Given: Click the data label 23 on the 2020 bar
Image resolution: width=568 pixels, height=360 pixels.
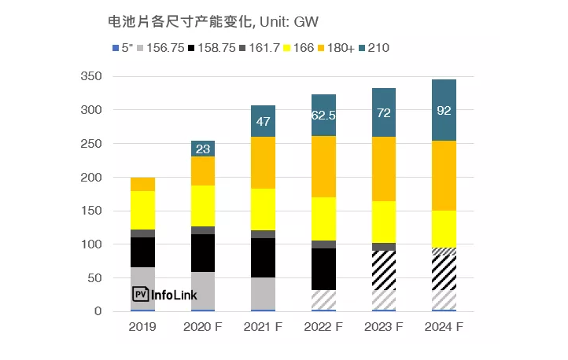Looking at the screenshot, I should (x=203, y=149).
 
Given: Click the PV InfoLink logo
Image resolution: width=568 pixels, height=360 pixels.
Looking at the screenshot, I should (x=164, y=295).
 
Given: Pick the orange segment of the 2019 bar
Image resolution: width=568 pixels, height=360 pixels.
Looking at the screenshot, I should (x=142, y=184).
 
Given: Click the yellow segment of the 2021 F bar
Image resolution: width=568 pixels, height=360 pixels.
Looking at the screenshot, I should (x=264, y=209).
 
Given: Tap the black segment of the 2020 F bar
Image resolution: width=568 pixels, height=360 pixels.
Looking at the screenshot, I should (x=203, y=253).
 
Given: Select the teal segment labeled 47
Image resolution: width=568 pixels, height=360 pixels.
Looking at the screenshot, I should (x=264, y=120).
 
